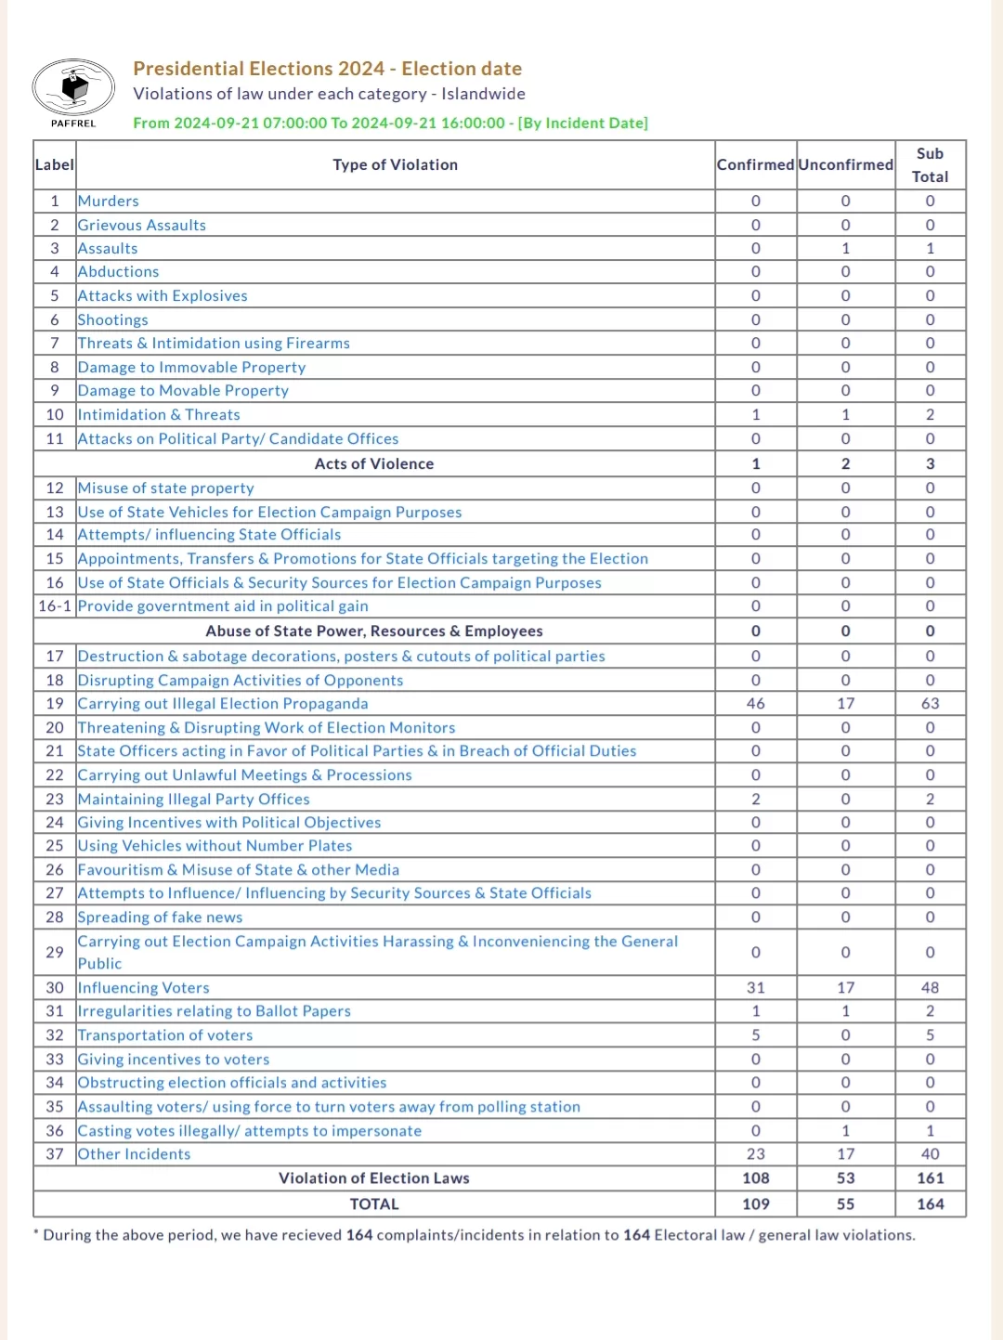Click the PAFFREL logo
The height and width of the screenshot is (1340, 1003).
point(73,91)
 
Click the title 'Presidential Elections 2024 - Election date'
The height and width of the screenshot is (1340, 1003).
point(327,69)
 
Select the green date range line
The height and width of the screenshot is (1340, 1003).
point(390,123)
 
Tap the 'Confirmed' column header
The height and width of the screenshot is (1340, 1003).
point(755,164)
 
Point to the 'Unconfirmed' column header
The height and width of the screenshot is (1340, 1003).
point(845,164)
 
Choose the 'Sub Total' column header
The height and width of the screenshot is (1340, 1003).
point(930,164)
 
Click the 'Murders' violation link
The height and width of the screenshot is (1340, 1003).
point(109,201)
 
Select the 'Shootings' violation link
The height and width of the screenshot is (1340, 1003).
point(113,319)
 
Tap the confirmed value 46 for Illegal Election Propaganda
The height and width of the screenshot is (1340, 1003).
point(755,704)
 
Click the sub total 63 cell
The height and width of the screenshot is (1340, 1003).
point(930,704)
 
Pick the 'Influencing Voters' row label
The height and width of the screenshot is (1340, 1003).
point(144,988)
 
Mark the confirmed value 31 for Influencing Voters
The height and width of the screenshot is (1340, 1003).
point(755,988)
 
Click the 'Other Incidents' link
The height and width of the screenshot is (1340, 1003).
point(135,1154)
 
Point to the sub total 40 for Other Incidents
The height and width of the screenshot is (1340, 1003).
point(930,1154)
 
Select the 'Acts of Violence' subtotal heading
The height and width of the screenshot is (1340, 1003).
point(374,463)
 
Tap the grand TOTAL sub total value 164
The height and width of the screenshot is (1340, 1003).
point(930,1204)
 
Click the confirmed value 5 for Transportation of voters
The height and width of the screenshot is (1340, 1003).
point(755,1035)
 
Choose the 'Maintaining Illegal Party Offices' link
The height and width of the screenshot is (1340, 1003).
point(194,800)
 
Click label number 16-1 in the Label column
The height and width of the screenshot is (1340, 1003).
point(55,606)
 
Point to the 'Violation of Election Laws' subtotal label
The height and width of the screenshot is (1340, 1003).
point(374,1178)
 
